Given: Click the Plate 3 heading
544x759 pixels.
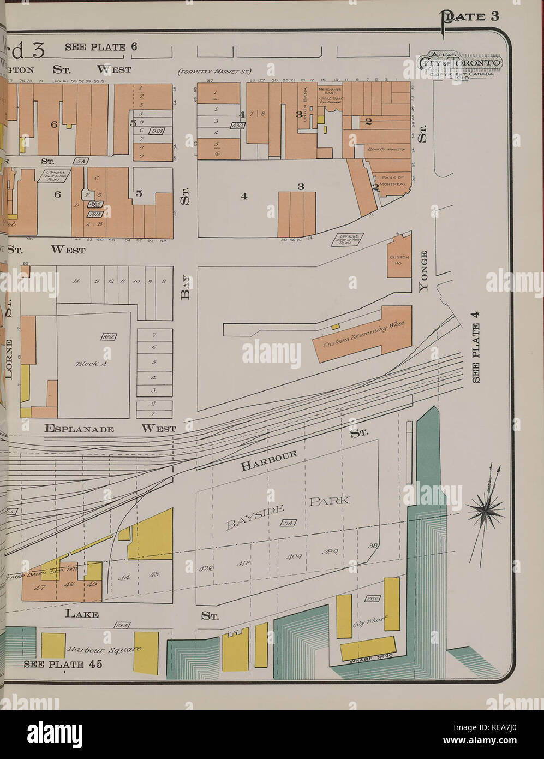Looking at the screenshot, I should pyautogui.click(x=470, y=16).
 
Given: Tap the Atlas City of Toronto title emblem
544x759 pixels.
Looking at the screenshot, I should pyautogui.click(x=459, y=64).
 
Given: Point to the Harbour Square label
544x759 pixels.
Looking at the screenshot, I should pyautogui.click(x=104, y=649).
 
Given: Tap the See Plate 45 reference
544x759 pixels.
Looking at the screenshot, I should pyautogui.click(x=53, y=665).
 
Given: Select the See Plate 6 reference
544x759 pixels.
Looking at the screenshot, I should pyautogui.click(x=101, y=47).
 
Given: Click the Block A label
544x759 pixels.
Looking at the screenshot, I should pyautogui.click(x=91, y=363).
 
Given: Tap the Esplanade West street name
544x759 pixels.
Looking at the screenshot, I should pyautogui.click(x=110, y=429).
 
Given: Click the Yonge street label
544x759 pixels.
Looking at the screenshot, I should pyautogui.click(x=423, y=271).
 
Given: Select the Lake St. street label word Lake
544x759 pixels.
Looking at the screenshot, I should pyautogui.click(x=82, y=614).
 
